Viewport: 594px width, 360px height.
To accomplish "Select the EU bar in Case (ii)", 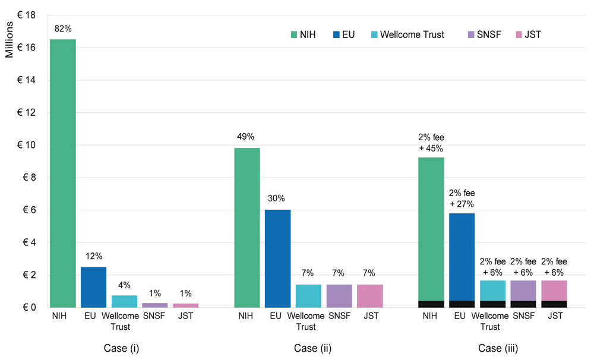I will point(278,258).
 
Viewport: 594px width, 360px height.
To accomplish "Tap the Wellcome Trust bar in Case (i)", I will point(124,301).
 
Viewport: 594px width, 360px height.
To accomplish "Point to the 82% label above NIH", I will point(63,28).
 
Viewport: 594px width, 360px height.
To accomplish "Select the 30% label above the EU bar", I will point(278,198).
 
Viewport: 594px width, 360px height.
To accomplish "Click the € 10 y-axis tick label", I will point(29,145).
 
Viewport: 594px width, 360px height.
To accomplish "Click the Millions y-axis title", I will point(10,42).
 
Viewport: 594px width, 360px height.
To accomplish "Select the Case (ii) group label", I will point(309,348).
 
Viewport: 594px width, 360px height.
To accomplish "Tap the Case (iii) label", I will point(493,348).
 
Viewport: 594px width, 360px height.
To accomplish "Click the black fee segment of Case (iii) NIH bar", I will point(431,304).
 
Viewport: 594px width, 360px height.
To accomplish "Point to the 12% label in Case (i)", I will point(94,256).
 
